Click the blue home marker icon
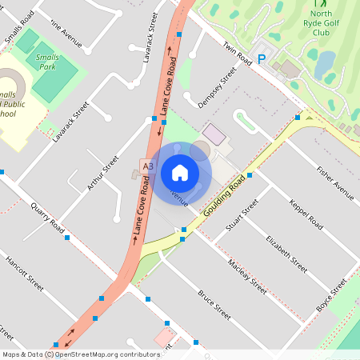coord(180,172)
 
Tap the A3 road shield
coord(146,166)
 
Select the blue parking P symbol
coord(261,58)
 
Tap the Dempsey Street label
coord(217,87)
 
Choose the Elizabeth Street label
coord(286,254)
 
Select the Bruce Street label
coord(214,304)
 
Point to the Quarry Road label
coord(46,217)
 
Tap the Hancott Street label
coord(24,272)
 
